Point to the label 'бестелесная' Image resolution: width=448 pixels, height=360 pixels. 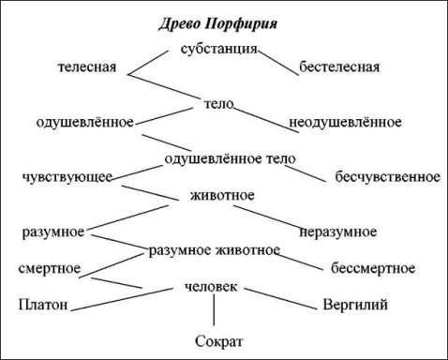coord(338,67)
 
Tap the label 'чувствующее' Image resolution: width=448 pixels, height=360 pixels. coord(68,176)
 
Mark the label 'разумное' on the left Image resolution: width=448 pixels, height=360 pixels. coord(54,232)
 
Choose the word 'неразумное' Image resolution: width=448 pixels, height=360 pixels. coord(338,232)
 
